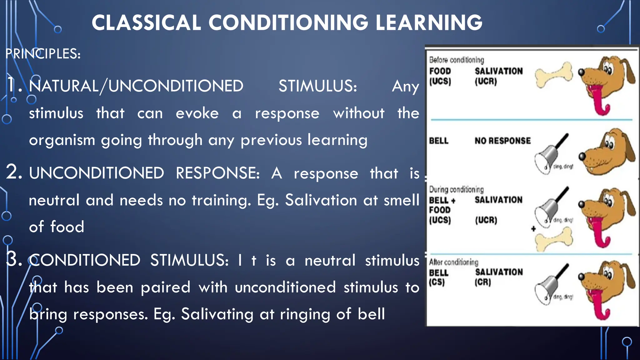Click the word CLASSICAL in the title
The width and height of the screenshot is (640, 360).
point(146,23)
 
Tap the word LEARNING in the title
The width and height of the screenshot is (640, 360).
point(429,23)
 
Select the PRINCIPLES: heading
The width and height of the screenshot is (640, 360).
point(43,54)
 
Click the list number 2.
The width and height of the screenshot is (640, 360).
point(14,172)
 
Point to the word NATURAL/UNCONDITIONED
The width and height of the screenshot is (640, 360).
point(136,86)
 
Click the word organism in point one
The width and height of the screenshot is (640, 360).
point(62,140)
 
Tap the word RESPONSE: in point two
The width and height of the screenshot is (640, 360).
point(217,173)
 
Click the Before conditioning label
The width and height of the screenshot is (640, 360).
point(456,60)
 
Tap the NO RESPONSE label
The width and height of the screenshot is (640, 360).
point(502,141)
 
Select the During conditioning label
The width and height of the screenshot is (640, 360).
point(456,189)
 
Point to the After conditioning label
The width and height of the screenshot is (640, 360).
point(453,262)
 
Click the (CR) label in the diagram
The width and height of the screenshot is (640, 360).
point(483,282)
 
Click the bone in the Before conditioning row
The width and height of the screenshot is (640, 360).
point(554,75)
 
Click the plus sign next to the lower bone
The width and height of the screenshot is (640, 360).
point(533,229)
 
